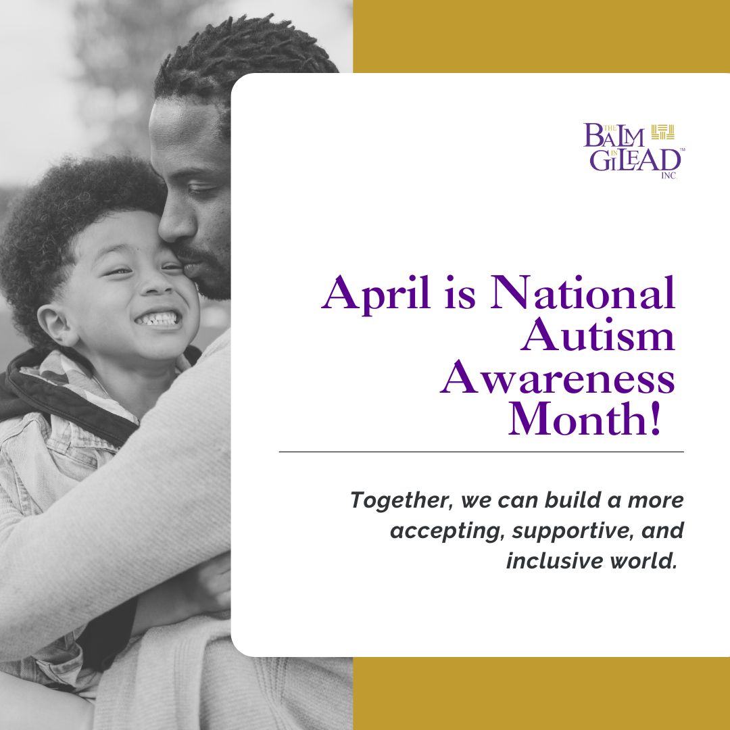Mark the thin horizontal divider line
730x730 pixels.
(481, 451)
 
